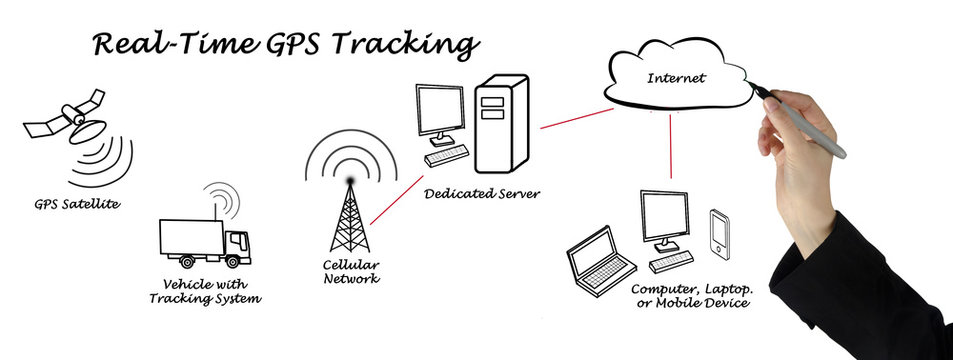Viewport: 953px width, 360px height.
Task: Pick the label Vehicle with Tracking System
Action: (x=204, y=291)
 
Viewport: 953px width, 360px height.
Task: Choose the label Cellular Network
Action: (x=351, y=272)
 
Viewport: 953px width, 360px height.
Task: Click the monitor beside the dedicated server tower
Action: (x=440, y=113)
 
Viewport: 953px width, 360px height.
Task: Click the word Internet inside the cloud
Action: (x=676, y=78)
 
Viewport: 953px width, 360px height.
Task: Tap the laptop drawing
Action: (x=599, y=262)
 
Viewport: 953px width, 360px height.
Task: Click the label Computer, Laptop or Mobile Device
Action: (x=691, y=295)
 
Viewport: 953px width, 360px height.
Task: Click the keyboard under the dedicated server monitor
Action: (x=446, y=155)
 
